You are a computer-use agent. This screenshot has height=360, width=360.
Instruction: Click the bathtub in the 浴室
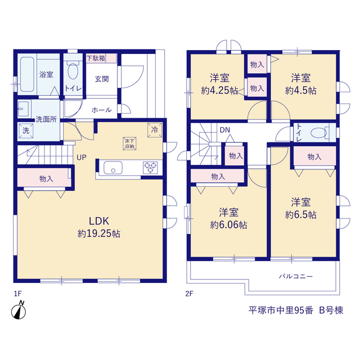(x=28, y=74)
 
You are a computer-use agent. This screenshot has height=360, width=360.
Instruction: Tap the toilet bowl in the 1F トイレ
(x=73, y=71)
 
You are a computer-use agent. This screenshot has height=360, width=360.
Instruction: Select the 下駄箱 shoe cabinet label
(x=96, y=58)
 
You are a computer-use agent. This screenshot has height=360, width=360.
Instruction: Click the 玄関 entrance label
(x=102, y=79)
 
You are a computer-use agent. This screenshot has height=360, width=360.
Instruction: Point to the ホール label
(x=102, y=110)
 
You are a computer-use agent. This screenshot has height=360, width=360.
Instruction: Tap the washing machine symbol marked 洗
(x=26, y=130)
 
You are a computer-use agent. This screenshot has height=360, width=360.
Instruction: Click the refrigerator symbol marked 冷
(x=155, y=130)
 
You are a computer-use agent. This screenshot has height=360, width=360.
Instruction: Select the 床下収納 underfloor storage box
(x=129, y=144)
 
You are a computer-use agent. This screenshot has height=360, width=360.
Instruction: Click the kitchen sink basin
(x=113, y=168)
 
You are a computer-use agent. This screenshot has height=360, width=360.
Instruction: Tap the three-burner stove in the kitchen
(x=150, y=168)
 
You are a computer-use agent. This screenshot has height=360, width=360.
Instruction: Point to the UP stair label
(x=82, y=157)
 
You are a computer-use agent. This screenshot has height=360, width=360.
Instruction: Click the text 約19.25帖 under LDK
(x=99, y=234)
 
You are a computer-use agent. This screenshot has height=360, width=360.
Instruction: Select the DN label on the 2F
(x=225, y=130)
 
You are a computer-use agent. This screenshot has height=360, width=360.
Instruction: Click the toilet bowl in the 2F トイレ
(x=318, y=133)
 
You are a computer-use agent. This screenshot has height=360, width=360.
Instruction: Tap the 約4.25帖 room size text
(x=219, y=91)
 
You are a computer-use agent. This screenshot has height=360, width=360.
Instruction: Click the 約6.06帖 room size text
(x=229, y=225)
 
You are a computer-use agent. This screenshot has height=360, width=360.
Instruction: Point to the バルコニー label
(x=296, y=276)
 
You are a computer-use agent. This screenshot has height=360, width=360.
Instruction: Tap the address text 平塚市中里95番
(x=281, y=310)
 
